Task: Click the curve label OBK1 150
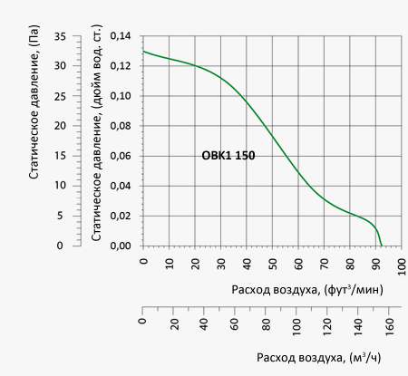click(228, 156)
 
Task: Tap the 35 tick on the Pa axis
click(60, 36)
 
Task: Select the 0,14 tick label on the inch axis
click(121, 36)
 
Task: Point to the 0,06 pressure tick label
click(121, 156)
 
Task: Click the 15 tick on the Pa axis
click(60, 156)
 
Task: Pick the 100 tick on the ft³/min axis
click(402, 266)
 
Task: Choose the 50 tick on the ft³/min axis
click(272, 264)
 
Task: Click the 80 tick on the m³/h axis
click(266, 324)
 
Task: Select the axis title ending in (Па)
click(34, 101)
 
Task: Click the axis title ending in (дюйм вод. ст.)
click(96, 132)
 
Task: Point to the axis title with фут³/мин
click(307, 289)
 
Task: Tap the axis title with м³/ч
click(319, 358)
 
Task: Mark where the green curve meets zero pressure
click(382, 246)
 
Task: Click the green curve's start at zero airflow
click(143, 52)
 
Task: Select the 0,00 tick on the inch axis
click(121, 246)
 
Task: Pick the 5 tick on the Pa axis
click(60, 216)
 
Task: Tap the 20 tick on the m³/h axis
click(174, 324)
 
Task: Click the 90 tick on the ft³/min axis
click(375, 264)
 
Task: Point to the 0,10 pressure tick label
click(121, 96)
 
